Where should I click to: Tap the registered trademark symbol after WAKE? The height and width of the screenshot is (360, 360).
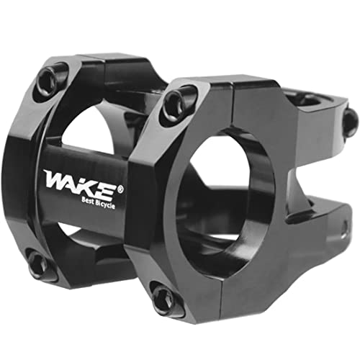pos(120,170)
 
